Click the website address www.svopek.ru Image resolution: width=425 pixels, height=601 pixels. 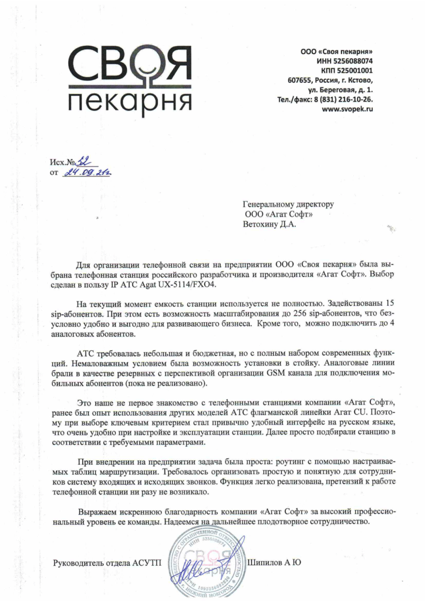click(x=349, y=110)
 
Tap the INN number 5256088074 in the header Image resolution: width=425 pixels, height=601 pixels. click(x=352, y=60)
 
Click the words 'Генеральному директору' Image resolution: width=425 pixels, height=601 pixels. click(x=288, y=204)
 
